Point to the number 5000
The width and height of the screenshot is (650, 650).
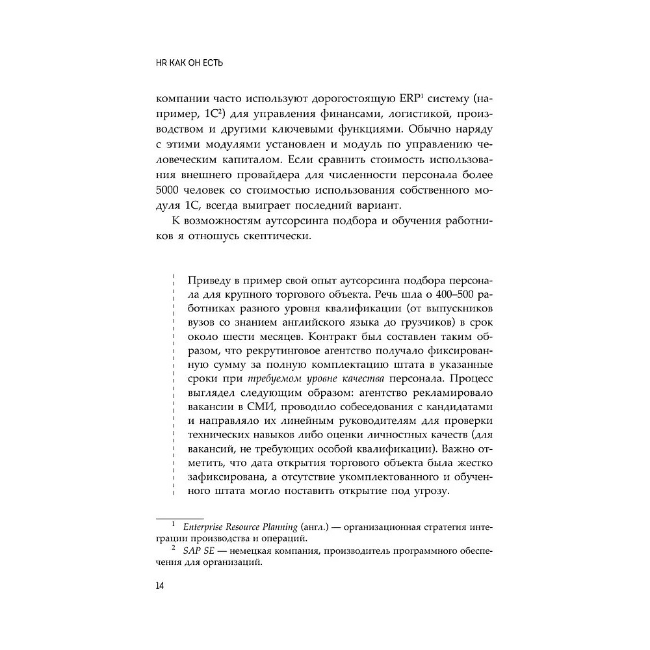click(x=170, y=189)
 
